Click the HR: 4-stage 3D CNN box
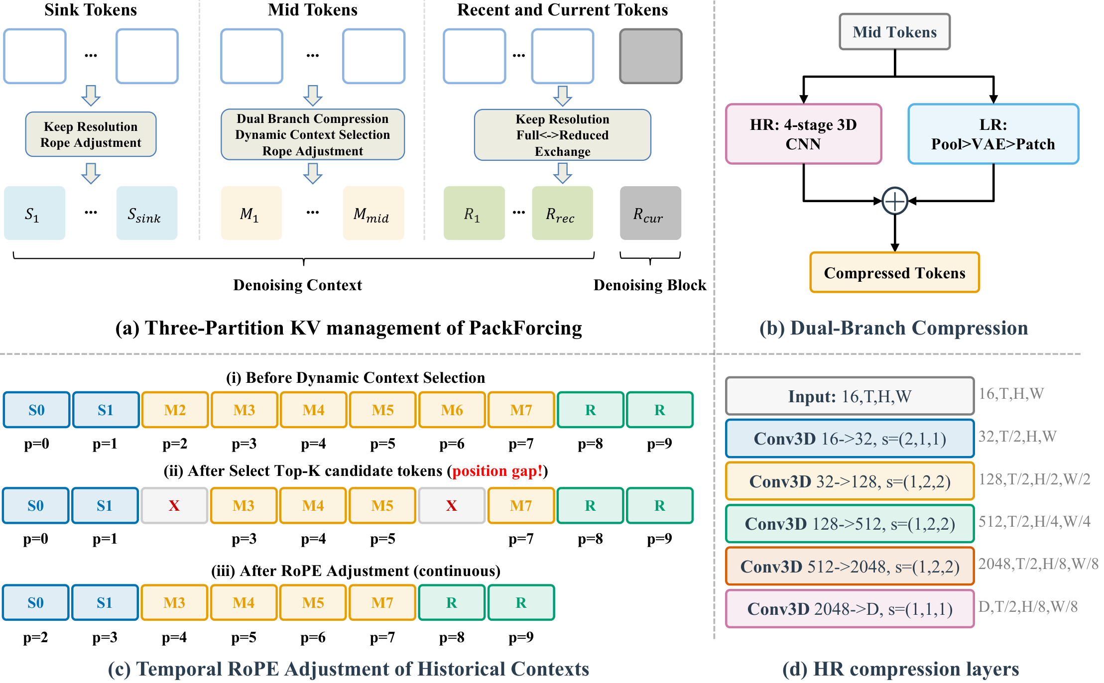click(803, 134)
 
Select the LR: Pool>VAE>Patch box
click(993, 134)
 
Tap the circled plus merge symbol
click(894, 201)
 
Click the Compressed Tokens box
click(894, 273)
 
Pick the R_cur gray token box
click(650, 213)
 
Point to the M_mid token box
click(373, 213)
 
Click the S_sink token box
click(146, 213)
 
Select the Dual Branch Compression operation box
click(312, 134)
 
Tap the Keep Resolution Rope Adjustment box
click(91, 134)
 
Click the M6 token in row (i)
click(452, 410)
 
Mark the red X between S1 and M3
click(174, 505)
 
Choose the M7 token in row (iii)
click(382, 602)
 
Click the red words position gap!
click(497, 471)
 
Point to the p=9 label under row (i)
click(659, 443)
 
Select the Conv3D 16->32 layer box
click(850, 439)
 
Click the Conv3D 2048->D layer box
click(850, 608)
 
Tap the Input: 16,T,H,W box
click(850, 396)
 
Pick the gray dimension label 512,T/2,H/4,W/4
click(1034, 521)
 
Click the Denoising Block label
click(649, 285)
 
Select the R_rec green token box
click(562, 213)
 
